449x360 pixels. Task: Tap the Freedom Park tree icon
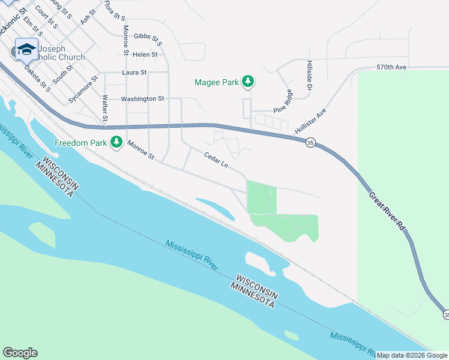116,143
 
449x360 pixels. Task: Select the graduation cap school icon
26,49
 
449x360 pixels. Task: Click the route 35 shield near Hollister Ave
310,143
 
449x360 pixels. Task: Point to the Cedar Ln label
216,161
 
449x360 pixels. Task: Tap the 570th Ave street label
391,67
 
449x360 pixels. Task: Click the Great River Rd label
387,212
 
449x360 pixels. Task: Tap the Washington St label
142,98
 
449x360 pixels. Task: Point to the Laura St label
134,73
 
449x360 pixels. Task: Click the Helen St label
145,55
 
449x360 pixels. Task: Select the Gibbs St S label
148,39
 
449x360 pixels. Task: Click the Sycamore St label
83,90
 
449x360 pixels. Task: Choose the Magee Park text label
216,82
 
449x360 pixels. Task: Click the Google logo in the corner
20,353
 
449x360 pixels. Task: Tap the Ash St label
88,16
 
